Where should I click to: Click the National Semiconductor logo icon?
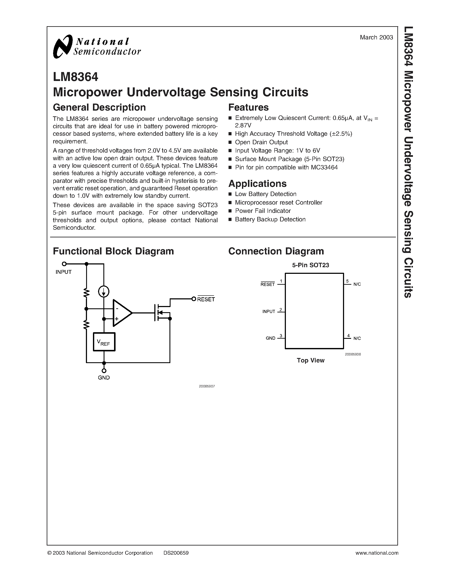63,46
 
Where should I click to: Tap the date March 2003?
376,38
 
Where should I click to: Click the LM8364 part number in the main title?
76,77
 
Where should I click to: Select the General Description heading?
99,107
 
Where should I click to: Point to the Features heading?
248,107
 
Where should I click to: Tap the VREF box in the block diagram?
104,342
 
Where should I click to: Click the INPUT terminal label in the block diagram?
64,272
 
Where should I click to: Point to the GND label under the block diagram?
104,378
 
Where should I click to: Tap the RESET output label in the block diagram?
206,299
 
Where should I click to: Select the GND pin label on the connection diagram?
271,338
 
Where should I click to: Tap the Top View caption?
311,360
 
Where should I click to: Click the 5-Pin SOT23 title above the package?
311,265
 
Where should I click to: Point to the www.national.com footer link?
377,553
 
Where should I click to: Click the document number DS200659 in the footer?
176,553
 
